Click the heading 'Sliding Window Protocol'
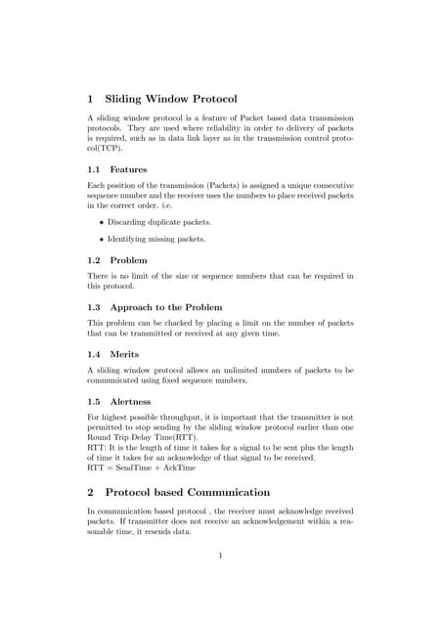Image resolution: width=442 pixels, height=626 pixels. click(171, 99)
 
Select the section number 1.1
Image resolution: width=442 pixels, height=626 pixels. click(95, 169)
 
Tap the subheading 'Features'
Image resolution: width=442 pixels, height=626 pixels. click(129, 169)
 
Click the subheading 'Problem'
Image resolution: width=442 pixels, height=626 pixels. click(129, 261)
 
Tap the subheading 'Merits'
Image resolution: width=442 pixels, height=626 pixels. click(125, 354)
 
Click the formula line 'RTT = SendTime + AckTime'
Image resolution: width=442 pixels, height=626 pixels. click(141, 468)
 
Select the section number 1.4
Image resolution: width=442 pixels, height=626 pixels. click(95, 354)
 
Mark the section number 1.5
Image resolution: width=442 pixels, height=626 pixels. click(95, 400)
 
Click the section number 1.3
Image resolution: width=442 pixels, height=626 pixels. click(95, 307)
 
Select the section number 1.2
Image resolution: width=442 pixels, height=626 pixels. click(95, 261)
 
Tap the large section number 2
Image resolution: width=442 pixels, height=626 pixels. click(91, 492)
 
